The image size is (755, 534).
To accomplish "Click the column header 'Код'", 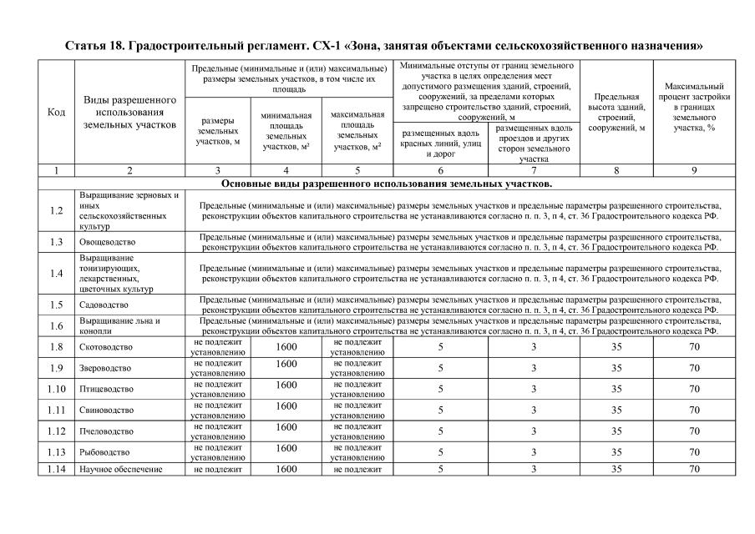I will (56, 112).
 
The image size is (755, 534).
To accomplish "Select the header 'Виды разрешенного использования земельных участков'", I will (129, 112).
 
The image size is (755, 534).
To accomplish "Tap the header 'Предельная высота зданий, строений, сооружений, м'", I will (616, 112).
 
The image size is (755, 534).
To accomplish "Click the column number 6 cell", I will (440, 170).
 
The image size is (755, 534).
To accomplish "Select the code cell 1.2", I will (56, 210).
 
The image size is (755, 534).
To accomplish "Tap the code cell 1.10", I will (56, 389).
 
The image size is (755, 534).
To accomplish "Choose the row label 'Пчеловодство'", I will (106, 431).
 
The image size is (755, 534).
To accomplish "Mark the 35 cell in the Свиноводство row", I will (616, 411).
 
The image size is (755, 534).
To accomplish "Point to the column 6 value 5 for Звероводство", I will (440, 368).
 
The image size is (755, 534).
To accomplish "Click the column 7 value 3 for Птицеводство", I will (534, 389).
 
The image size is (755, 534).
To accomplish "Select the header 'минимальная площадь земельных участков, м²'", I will (286, 132).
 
